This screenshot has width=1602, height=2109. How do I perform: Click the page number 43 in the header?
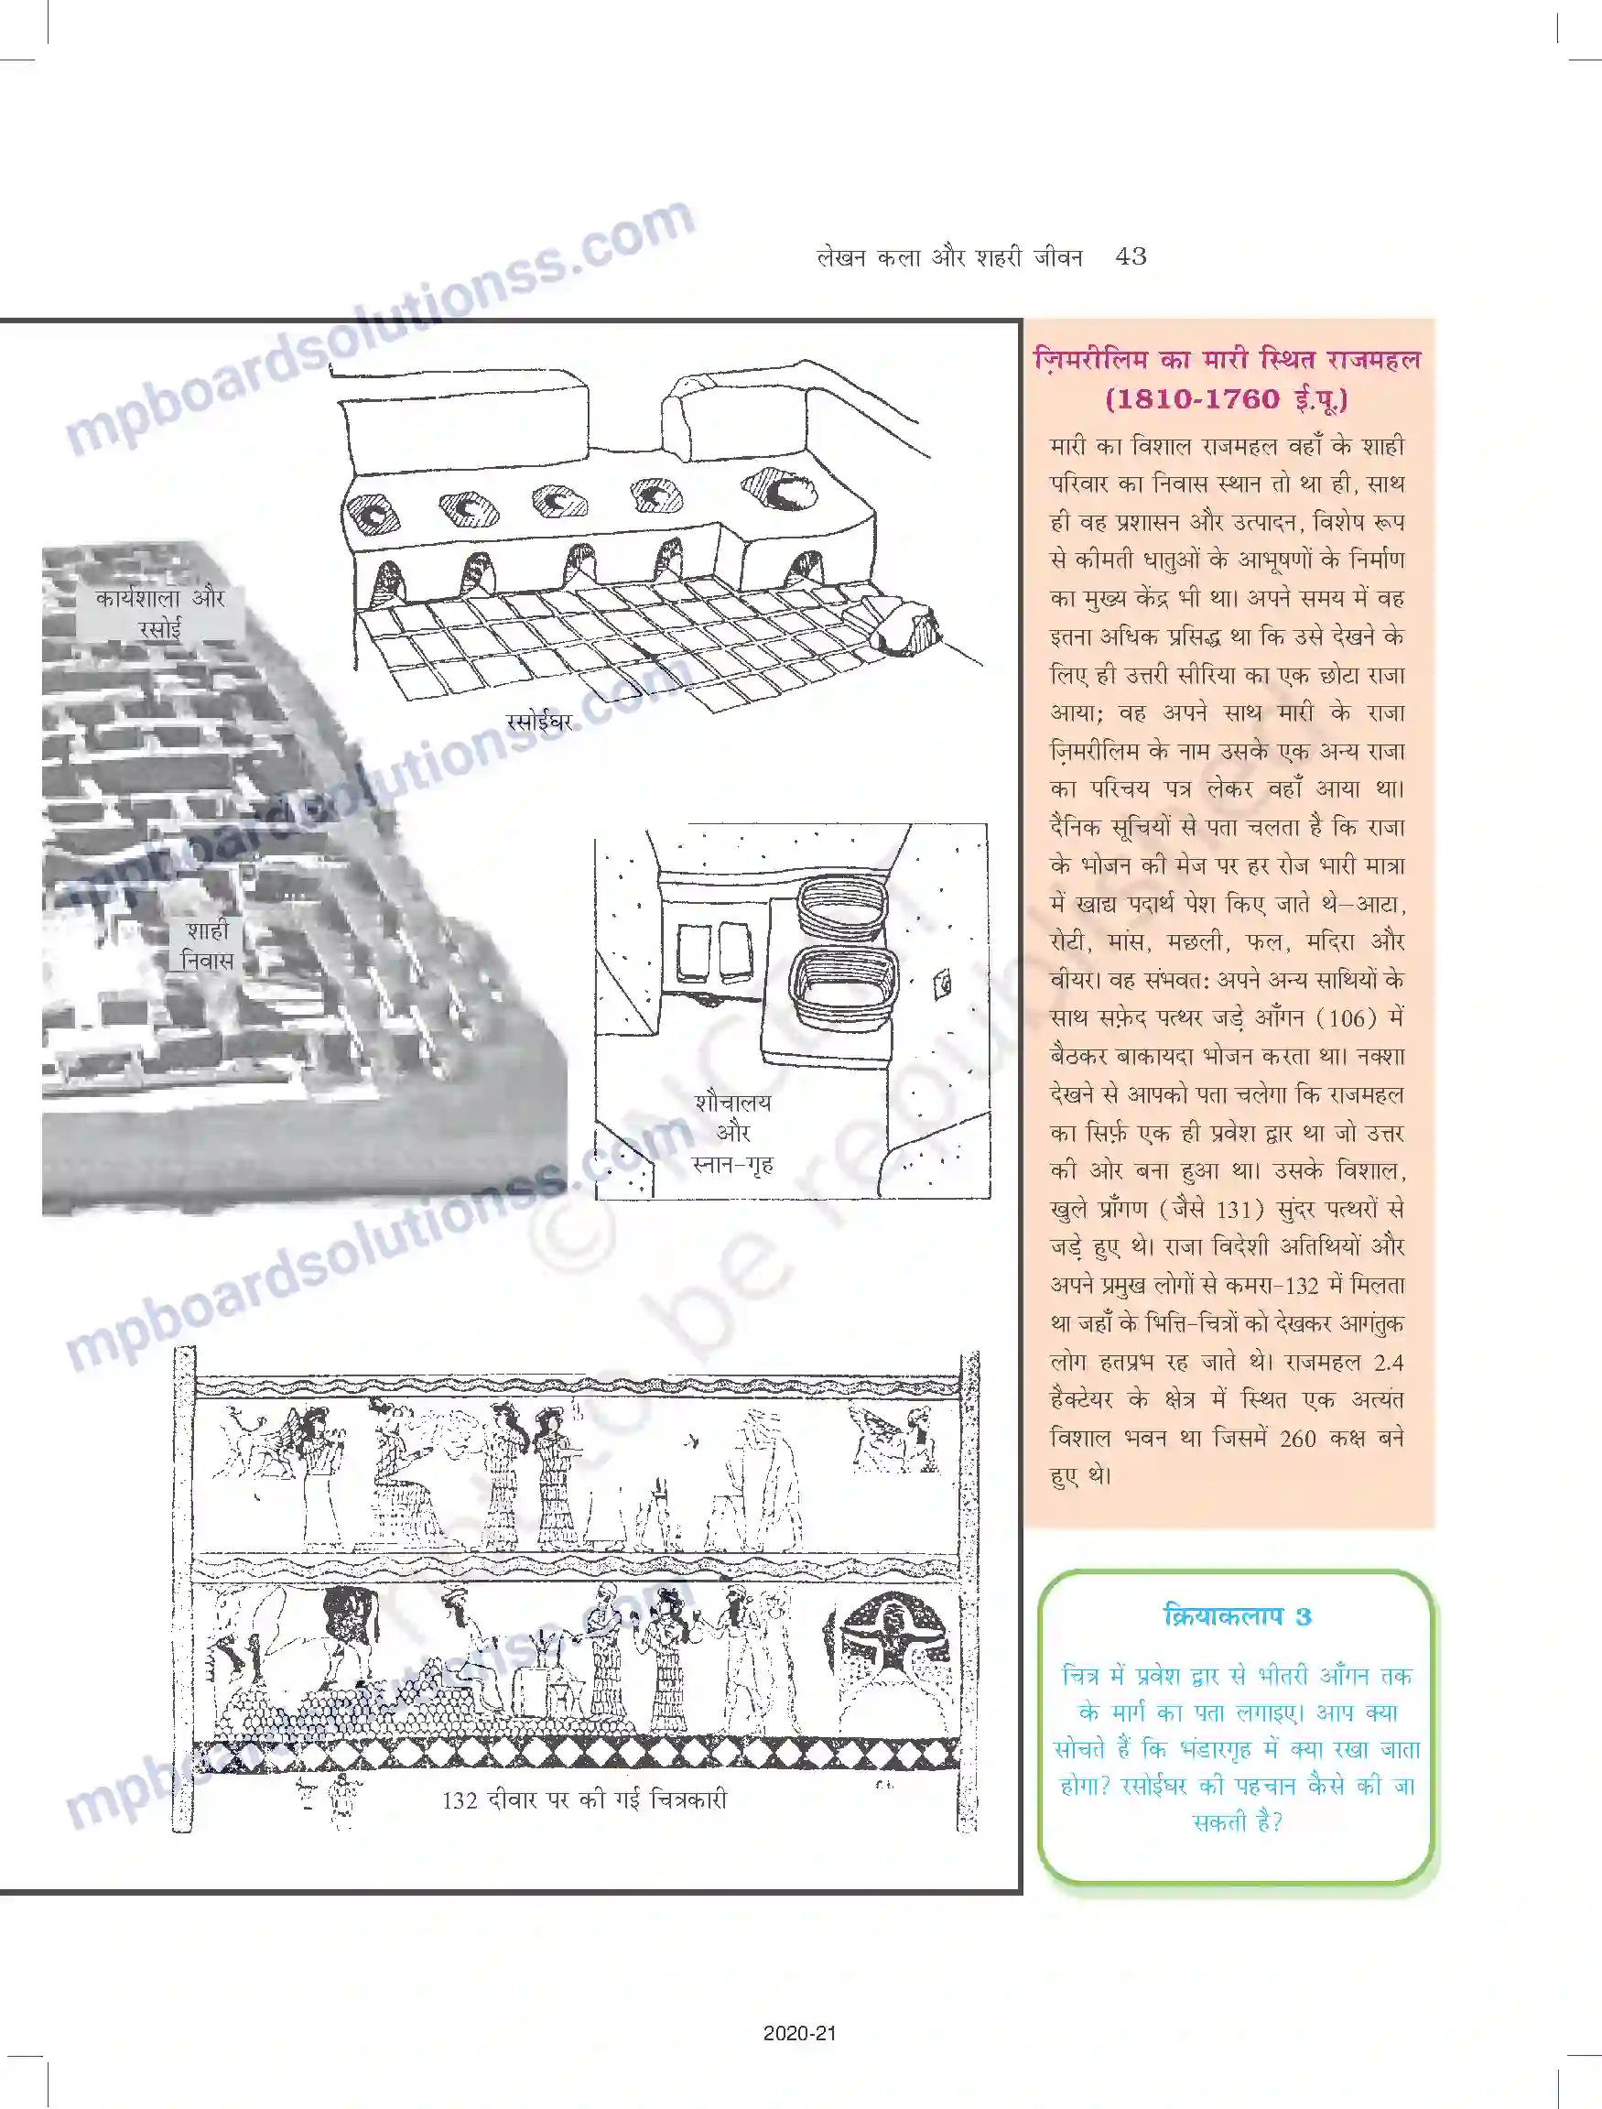point(1130,256)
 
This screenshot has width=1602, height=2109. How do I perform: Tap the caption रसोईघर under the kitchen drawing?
point(539,722)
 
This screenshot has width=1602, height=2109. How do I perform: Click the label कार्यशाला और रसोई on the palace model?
point(159,614)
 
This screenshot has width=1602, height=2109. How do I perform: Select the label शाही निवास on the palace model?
point(207,945)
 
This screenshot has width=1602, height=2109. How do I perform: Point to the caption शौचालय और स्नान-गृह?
point(732,1132)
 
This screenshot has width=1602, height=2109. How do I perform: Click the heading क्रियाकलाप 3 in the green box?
point(1238,1615)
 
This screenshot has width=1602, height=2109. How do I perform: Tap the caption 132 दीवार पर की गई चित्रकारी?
point(584,1800)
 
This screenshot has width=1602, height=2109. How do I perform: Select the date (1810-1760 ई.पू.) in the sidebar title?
point(1227,398)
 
